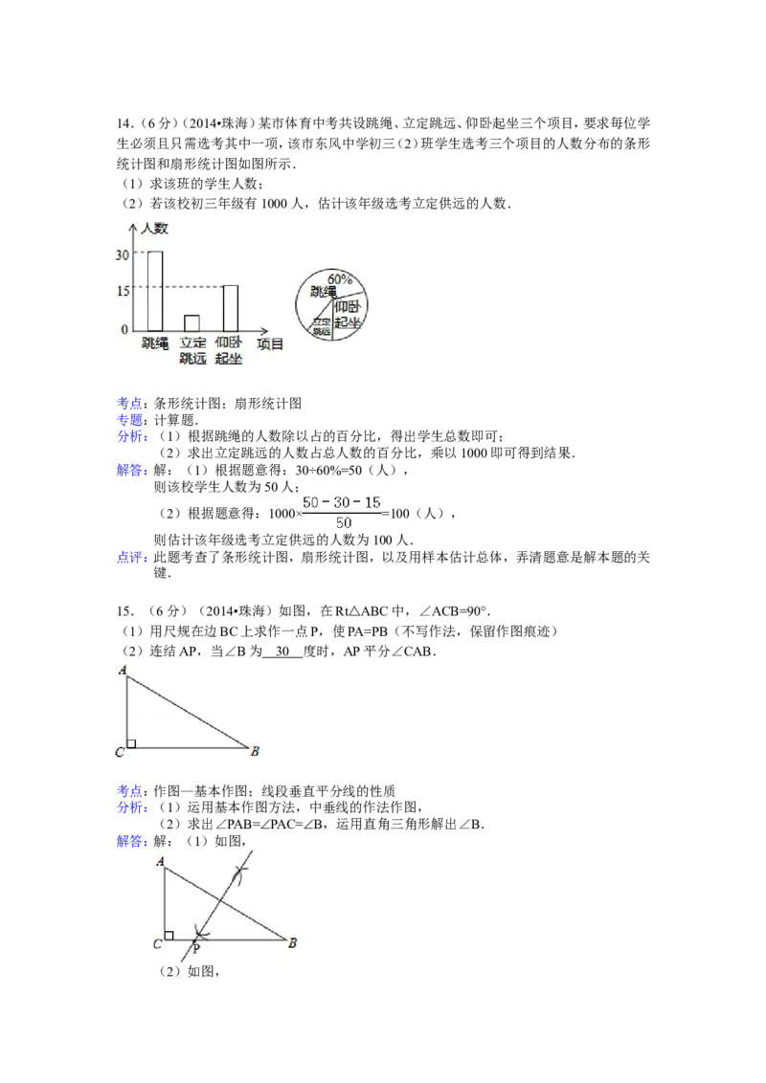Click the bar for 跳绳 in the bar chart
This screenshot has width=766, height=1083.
154,291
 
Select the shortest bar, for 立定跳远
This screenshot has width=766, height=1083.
191,322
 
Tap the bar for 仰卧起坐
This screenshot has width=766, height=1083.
230,307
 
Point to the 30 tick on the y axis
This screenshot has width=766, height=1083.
122,254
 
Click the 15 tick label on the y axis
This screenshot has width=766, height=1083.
122,291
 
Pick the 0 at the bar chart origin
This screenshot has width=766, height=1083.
124,330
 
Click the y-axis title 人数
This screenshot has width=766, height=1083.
154,229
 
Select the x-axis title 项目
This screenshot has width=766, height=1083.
271,343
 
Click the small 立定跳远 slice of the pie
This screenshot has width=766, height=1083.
320,324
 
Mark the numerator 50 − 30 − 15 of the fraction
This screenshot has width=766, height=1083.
342,502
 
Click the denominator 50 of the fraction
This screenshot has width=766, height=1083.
342,522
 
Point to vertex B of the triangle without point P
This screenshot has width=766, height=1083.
255,751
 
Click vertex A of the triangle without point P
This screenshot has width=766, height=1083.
123,671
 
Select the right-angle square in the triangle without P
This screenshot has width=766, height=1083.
131,743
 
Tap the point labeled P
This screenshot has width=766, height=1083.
195,948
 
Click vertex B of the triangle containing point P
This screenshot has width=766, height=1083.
292,943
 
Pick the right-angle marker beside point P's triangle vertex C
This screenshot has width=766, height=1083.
169,935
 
